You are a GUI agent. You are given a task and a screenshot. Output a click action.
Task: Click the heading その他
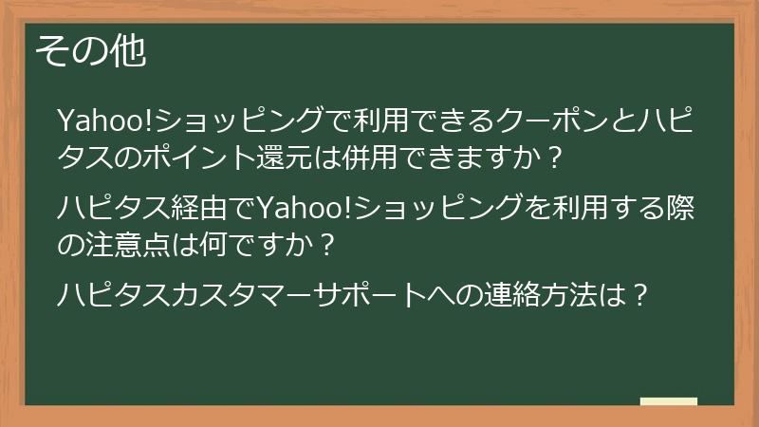90,52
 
